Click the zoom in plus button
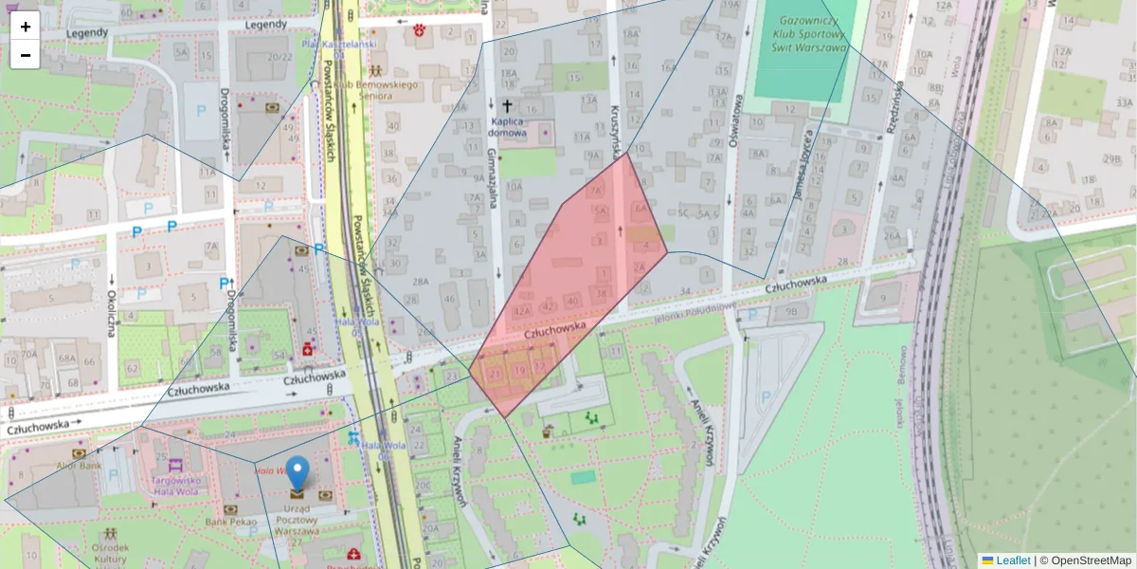26,27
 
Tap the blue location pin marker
298,472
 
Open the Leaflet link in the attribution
1012,560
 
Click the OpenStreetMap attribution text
1085,560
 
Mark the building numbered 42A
520,310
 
